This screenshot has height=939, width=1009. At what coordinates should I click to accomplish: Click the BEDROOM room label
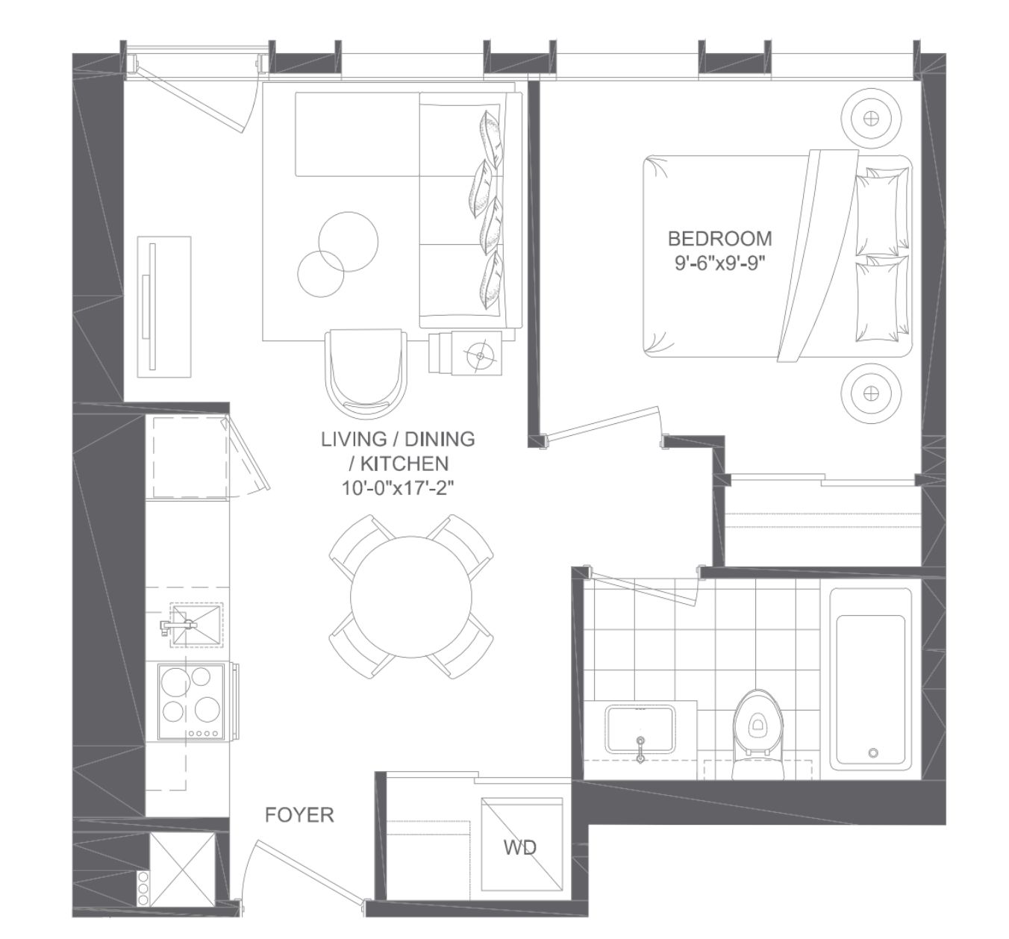tap(719, 238)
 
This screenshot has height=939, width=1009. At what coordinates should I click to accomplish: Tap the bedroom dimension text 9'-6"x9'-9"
tap(719, 263)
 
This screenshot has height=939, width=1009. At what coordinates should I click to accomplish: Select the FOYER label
tap(299, 815)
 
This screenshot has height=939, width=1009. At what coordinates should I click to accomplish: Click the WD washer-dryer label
tap(519, 847)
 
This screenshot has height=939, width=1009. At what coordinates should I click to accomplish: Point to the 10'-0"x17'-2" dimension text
tap(397, 489)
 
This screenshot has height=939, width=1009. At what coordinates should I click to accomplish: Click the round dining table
tap(411, 597)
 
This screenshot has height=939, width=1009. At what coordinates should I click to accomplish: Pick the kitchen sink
tap(196, 625)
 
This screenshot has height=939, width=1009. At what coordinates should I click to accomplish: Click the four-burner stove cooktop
tap(191, 702)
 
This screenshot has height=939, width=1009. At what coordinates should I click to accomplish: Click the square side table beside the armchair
tap(477, 353)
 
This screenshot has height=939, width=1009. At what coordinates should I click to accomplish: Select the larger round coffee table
tap(348, 242)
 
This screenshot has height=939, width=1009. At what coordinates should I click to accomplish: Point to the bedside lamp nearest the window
tap(871, 118)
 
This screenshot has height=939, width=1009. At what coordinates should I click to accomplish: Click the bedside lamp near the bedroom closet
tap(871, 393)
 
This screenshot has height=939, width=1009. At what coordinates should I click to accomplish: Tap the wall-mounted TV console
tap(164, 307)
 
